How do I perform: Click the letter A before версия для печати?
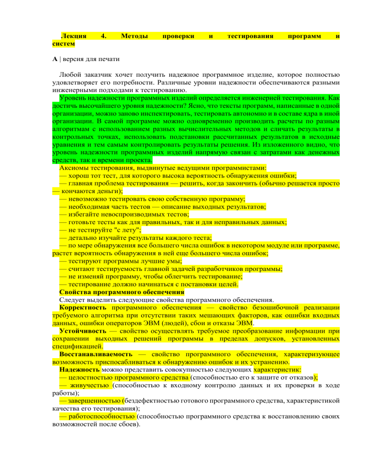[55, 60]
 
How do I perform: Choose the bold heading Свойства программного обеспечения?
[122, 292]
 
